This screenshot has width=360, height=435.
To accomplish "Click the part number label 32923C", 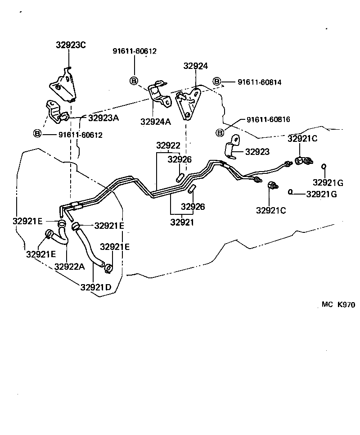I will tap(71, 45).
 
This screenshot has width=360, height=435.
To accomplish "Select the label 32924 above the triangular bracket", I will tap(196, 66).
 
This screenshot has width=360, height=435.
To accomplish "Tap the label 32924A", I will tap(155, 122).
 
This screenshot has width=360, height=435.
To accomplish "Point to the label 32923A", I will tap(103, 118).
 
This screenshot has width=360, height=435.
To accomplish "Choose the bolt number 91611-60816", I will tap(268, 120).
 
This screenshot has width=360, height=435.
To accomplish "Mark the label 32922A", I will tap(69, 266).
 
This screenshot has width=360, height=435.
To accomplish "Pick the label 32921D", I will tap(96, 287).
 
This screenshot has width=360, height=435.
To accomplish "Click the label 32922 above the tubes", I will tap(168, 145).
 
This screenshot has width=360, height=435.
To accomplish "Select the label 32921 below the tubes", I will tap(182, 222).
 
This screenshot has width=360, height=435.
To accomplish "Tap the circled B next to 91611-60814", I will tap(217, 82).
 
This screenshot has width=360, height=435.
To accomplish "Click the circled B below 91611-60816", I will tap(220, 133).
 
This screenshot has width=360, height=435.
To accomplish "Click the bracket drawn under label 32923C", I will tap(63, 86).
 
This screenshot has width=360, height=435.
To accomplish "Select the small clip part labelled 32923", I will tap(232, 149).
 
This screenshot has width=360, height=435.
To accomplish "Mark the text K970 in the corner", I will tap(346, 305).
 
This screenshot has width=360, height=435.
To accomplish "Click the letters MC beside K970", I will tap(327, 305).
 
